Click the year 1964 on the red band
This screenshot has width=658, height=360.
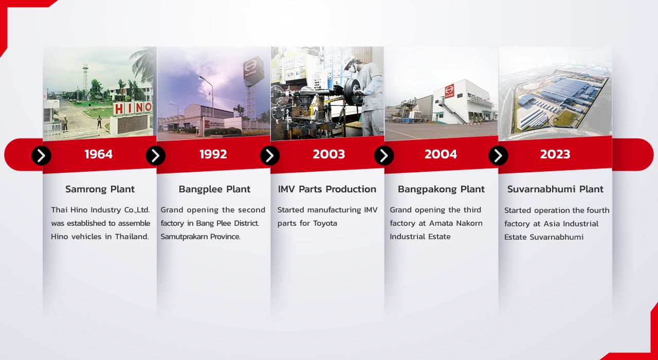coord(98,154)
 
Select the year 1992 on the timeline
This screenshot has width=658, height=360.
coord(213,154)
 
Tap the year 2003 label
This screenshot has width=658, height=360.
coord(328,154)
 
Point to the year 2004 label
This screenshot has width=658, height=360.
coord(441,154)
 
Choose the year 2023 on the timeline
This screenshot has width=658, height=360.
coord(555,154)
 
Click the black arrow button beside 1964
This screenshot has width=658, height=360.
coord(42,155)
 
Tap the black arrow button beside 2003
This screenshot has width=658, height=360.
coord(270,155)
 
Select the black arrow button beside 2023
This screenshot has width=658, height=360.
coord(498,155)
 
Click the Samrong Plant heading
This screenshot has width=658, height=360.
coord(100,189)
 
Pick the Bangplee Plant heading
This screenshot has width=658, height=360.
coord(214,189)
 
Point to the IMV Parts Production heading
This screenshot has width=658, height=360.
coord(327,189)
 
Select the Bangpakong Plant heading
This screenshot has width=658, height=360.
coord(441,189)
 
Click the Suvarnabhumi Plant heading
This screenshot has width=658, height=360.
coord(555,189)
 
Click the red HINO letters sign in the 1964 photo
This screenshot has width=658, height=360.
coord(133,108)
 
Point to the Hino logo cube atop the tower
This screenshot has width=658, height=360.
coord(253,70)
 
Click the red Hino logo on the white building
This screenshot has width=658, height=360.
coord(450,91)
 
